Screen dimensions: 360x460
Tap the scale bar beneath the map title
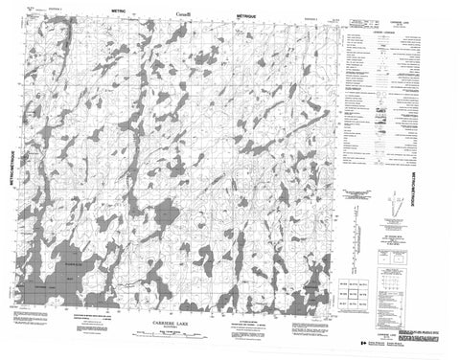182,337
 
